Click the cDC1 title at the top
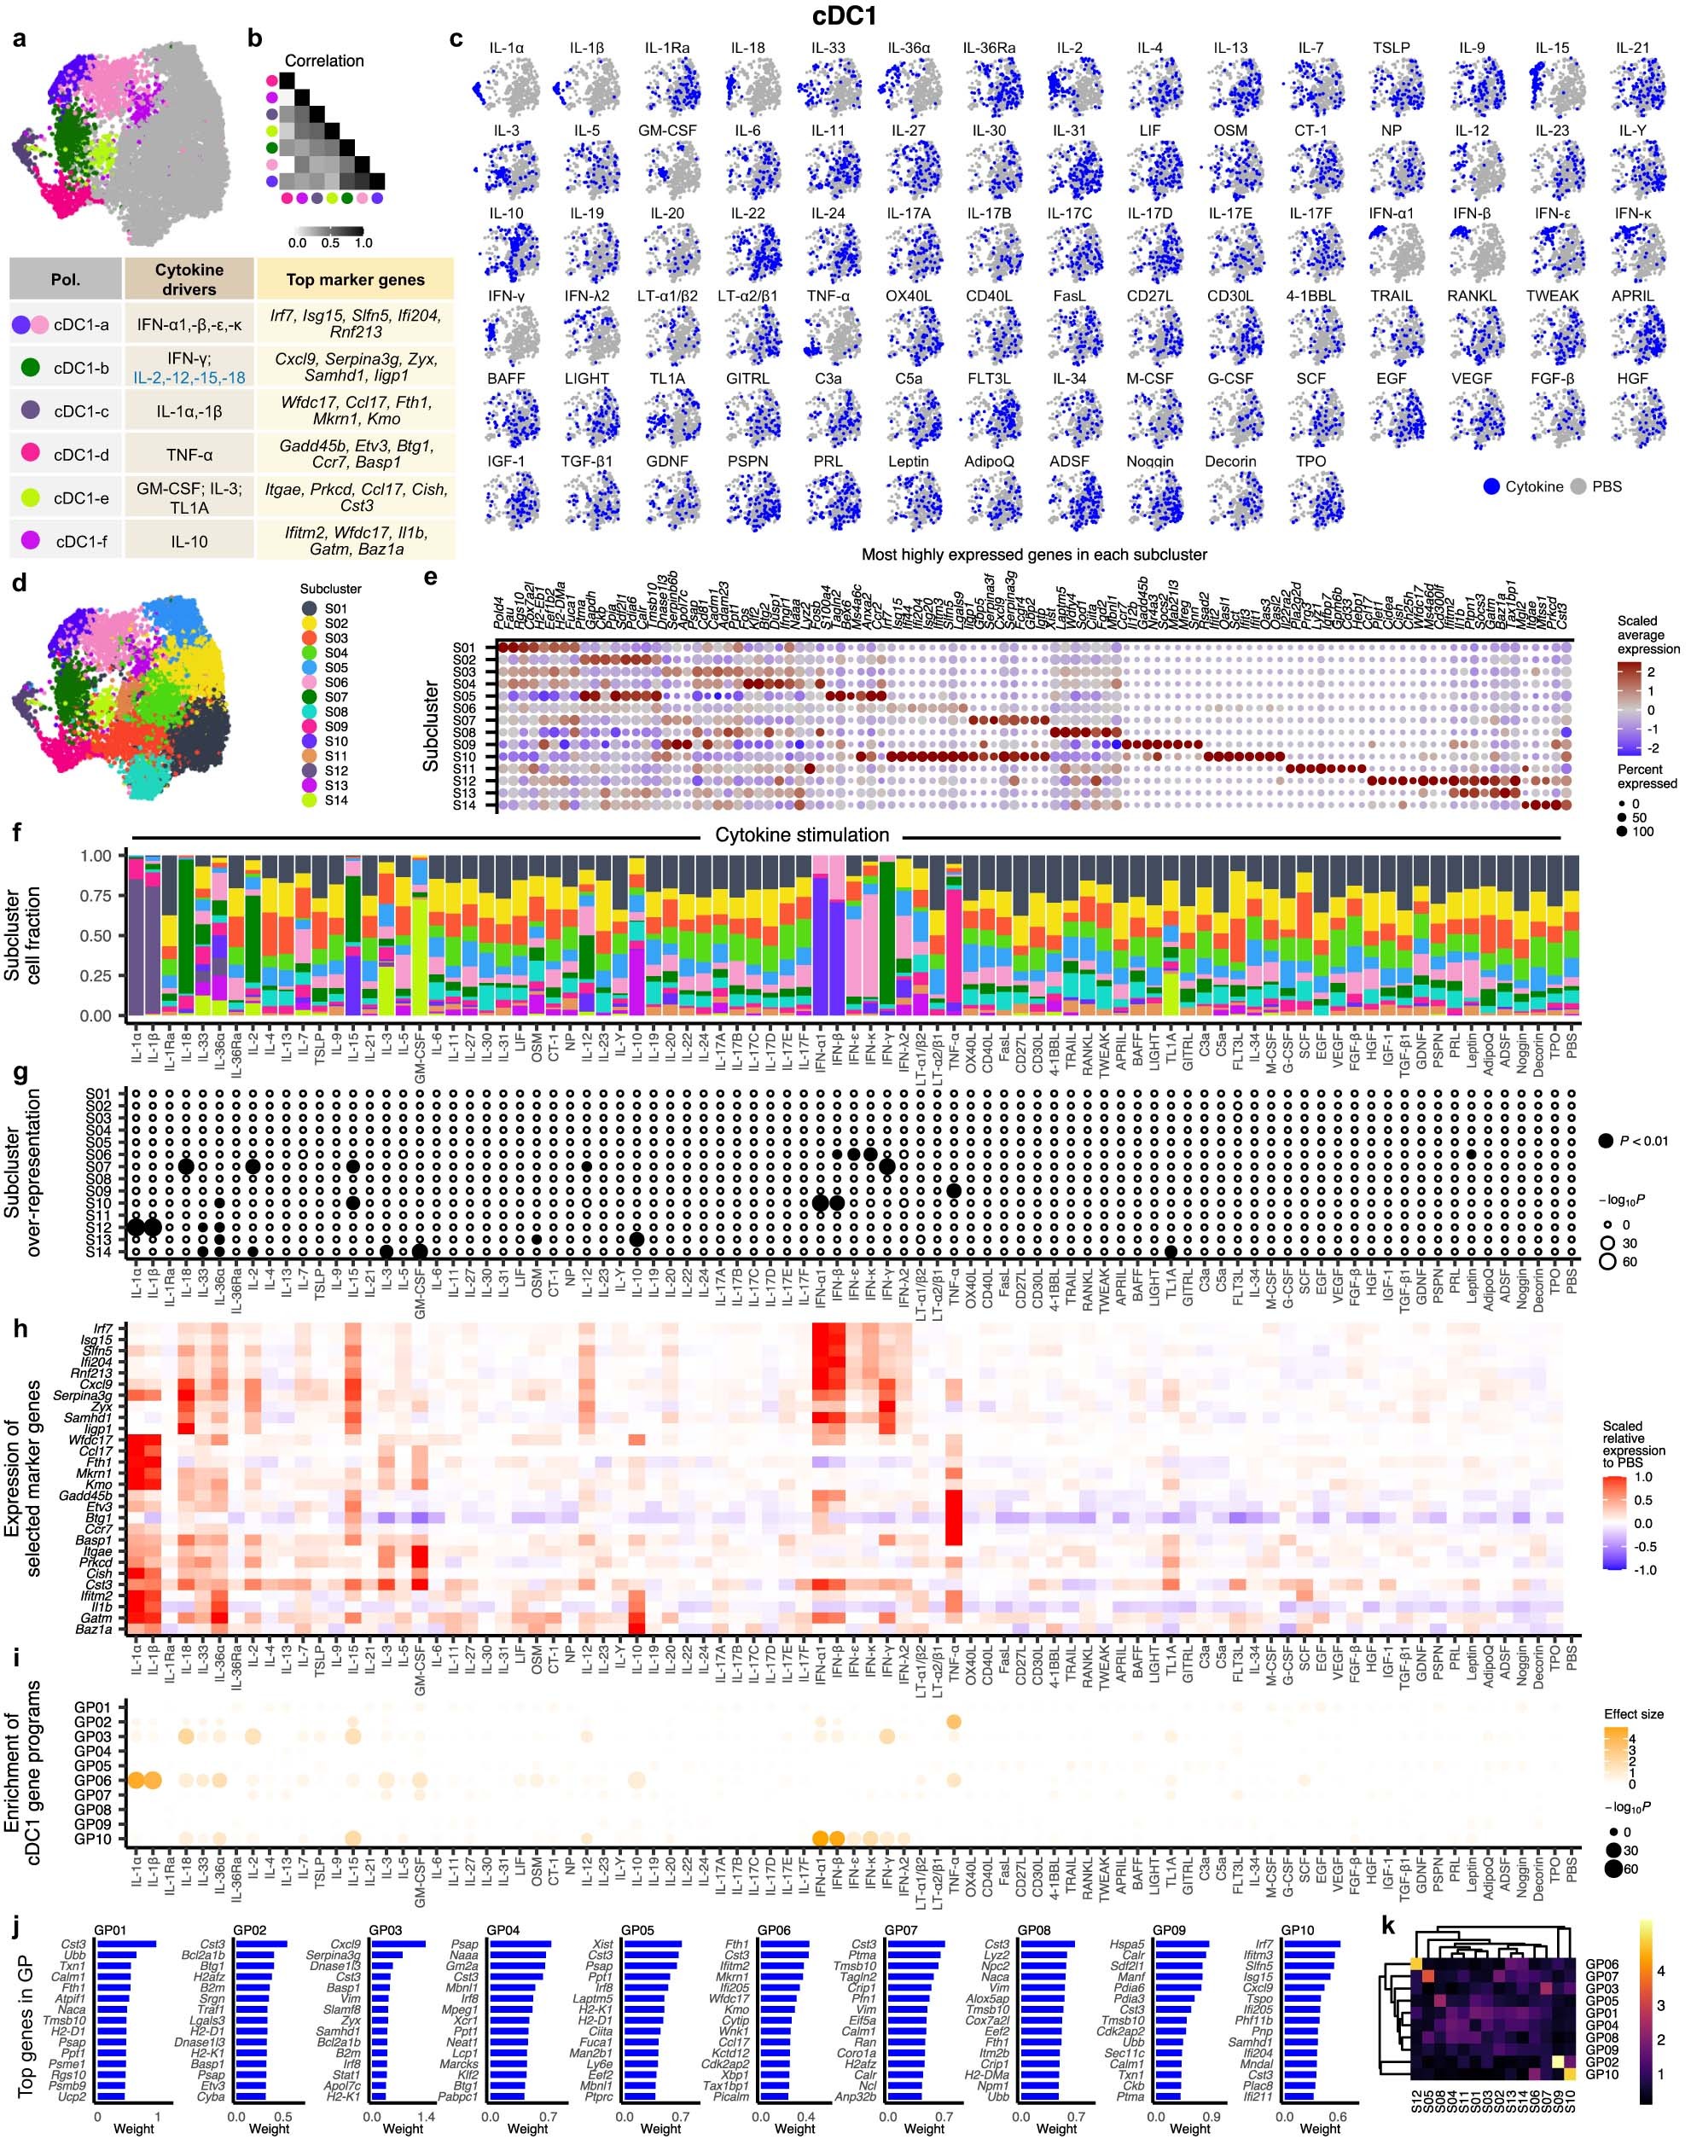(x=845, y=17)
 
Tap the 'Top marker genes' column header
(x=356, y=280)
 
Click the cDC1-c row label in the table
(x=81, y=410)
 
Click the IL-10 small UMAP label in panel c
(x=505, y=212)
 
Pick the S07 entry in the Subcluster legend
(x=335, y=697)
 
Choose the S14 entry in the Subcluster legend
(x=335, y=799)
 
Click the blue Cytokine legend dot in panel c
(x=1492, y=486)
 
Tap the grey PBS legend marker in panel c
(x=1578, y=486)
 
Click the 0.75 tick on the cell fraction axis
(x=96, y=896)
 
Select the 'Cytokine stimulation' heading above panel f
(x=802, y=835)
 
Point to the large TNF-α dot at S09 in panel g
(x=953, y=1191)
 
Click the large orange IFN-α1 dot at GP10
(x=820, y=1838)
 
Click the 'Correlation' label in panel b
(x=323, y=61)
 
